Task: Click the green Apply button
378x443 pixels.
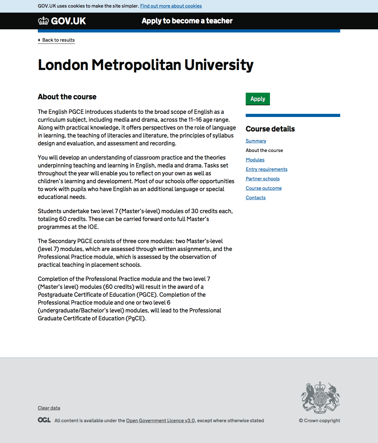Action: coord(258,99)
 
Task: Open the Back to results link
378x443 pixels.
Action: coord(58,40)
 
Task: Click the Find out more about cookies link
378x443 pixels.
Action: coord(171,6)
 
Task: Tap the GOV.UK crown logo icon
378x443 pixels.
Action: coord(43,21)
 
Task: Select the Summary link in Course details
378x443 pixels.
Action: coord(256,141)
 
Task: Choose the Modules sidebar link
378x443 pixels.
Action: coord(255,160)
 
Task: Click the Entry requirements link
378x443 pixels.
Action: coord(266,169)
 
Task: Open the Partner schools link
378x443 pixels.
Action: coord(262,179)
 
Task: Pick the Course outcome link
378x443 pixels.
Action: coord(264,188)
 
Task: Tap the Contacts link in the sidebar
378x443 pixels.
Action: coord(255,198)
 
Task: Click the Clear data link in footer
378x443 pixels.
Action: coord(49,408)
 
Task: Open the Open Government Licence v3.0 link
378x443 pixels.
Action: coord(160,421)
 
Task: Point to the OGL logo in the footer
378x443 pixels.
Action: coord(44,420)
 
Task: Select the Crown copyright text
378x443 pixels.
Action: coord(319,421)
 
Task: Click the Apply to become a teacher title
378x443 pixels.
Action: coord(187,21)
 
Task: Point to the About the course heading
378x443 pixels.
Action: coord(67,97)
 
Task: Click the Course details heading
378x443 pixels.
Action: coord(270,129)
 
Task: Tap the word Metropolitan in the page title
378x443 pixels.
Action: coord(136,65)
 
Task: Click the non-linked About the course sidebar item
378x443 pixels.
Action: coord(264,150)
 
